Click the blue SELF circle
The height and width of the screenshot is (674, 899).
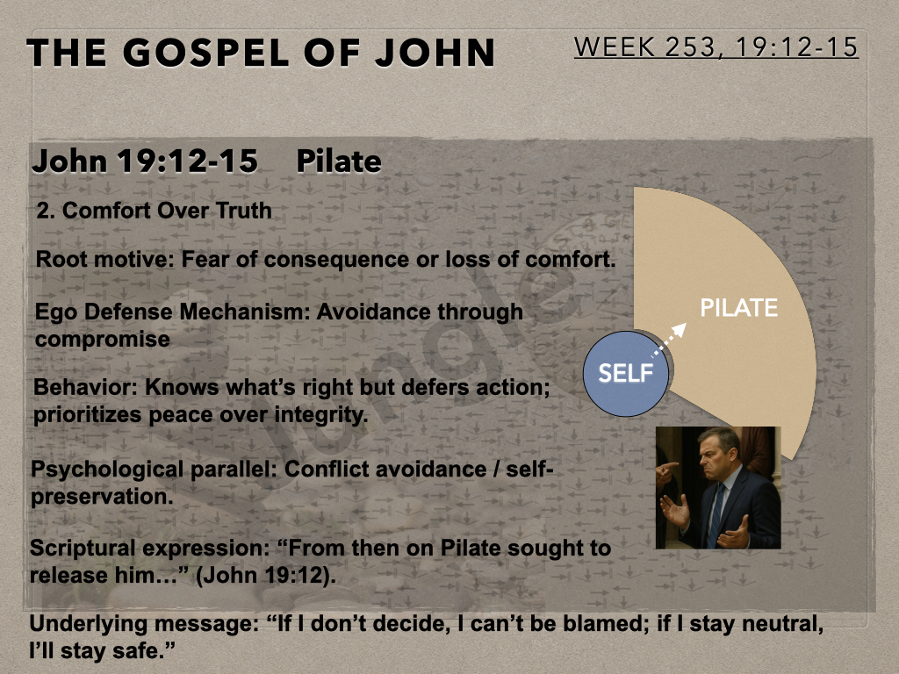(625, 374)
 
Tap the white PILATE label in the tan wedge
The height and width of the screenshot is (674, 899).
(738, 308)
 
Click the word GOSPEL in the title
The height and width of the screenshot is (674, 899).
(206, 53)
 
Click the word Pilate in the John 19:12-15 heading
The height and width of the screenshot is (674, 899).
(339, 161)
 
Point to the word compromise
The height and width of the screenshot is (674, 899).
(103, 340)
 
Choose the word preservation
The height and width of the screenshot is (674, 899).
(102, 497)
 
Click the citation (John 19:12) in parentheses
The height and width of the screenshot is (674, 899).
(266, 576)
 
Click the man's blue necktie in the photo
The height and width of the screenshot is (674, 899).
(715, 516)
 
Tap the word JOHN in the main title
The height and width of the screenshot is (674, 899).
(435, 53)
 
